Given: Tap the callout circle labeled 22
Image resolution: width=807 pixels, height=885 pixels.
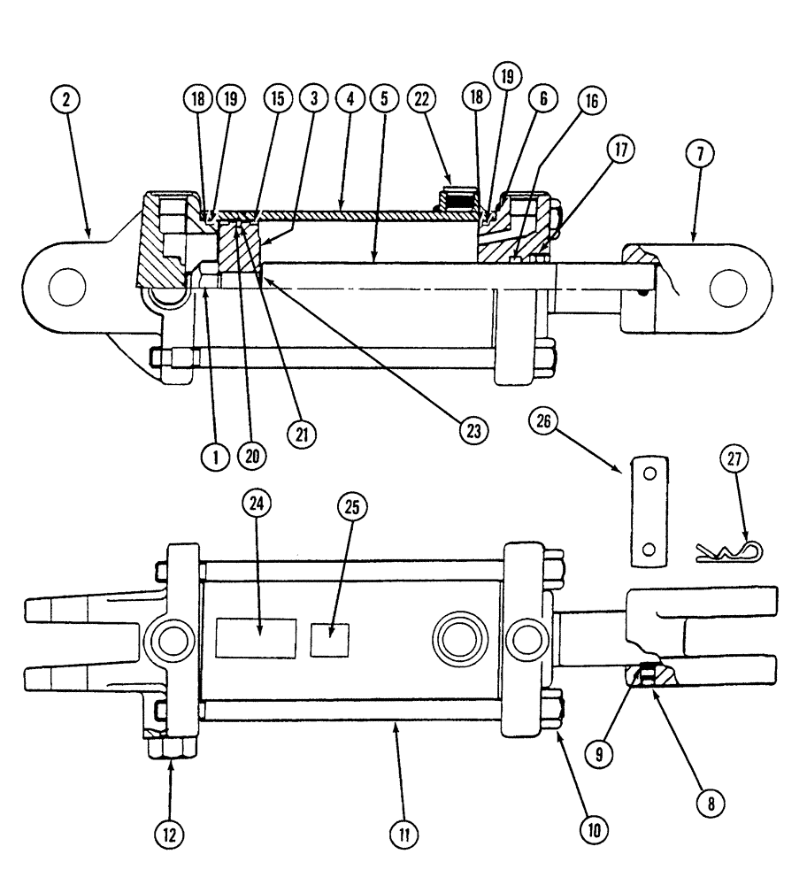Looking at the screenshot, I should [421, 99].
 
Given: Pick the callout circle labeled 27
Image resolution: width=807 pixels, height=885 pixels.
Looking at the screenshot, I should [736, 459].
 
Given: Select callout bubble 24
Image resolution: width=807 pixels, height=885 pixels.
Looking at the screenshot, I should [258, 504].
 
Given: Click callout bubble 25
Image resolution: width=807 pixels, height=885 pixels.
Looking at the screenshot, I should [352, 505].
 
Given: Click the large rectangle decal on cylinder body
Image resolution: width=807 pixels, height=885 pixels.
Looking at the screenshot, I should [257, 637].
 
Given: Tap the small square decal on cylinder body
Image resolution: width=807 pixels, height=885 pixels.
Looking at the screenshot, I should [331, 639].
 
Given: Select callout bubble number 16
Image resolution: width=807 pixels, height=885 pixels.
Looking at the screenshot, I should [590, 101].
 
